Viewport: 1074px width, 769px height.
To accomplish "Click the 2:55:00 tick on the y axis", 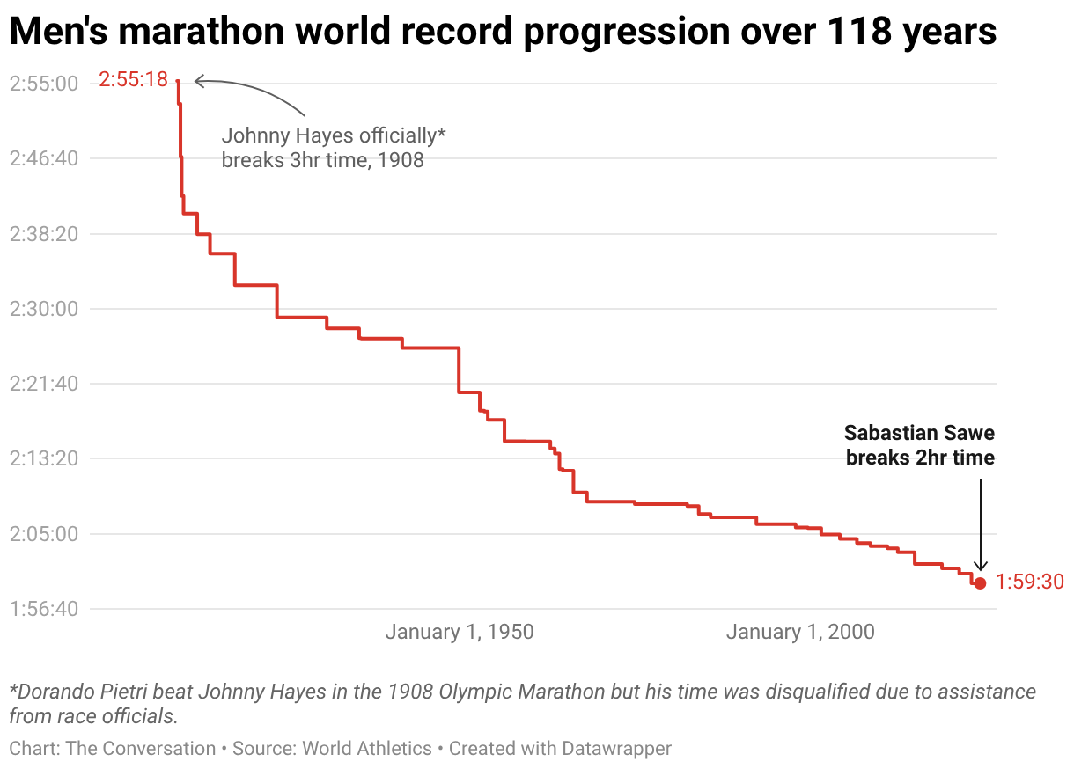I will pyautogui.click(x=43, y=84).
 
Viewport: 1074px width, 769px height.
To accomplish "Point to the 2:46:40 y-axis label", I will pyautogui.click(x=43, y=158).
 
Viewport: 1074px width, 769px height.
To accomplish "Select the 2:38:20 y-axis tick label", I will pyautogui.click(x=43, y=234).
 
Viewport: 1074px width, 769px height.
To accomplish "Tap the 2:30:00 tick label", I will pyautogui.click(x=43, y=309).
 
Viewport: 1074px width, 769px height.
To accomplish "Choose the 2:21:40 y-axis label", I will pyautogui.click(x=43, y=384).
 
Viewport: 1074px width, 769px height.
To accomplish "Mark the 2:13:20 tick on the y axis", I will pyautogui.click(x=43, y=458).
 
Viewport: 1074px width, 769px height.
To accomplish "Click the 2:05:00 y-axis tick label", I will pyautogui.click(x=43, y=534).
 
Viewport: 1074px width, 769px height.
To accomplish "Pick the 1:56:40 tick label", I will pyautogui.click(x=43, y=609).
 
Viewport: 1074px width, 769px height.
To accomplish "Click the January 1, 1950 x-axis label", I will pyautogui.click(x=460, y=632).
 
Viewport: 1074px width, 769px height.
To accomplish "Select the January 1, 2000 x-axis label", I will pyautogui.click(x=800, y=632).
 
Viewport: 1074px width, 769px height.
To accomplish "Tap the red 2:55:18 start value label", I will pyautogui.click(x=133, y=79).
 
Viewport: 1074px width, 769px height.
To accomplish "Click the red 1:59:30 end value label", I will pyautogui.click(x=1030, y=582).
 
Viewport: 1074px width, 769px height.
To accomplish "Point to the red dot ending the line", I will pyautogui.click(x=980, y=582).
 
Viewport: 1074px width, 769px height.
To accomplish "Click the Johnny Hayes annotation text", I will pyautogui.click(x=334, y=148).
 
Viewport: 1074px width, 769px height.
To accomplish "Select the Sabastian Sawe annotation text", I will pyautogui.click(x=919, y=445).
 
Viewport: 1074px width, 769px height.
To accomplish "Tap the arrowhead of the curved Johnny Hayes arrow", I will pyautogui.click(x=197, y=82).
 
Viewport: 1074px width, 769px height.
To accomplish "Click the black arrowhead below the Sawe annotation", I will pyautogui.click(x=980, y=568).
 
